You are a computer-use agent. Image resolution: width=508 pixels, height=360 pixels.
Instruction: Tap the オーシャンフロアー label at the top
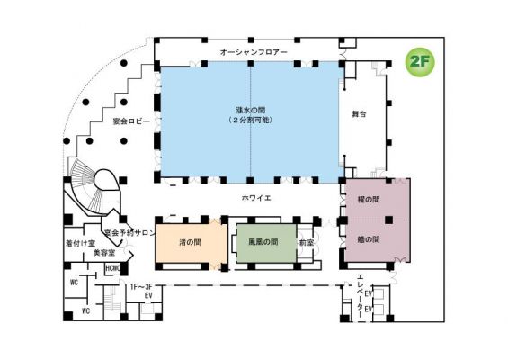point(254,53)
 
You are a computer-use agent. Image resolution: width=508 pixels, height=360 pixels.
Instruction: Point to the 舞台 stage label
point(361,114)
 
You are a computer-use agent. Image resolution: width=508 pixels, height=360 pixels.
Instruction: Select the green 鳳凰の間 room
point(262,241)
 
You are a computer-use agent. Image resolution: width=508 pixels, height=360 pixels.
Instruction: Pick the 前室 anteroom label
point(306,242)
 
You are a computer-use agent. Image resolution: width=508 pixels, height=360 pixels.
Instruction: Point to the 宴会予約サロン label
point(130,232)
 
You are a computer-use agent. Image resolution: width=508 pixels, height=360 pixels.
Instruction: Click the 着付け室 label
point(82,242)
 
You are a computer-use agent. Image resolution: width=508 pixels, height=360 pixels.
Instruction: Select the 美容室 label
point(106,254)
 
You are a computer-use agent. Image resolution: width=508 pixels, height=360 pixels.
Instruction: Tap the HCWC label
point(113,267)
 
